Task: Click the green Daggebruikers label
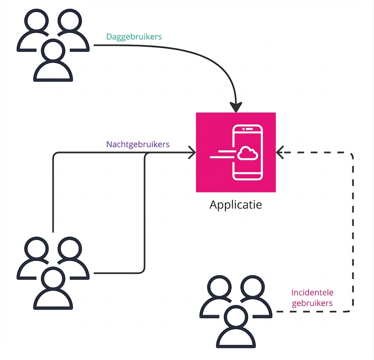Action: [134, 37]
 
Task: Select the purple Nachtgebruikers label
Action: [138, 144]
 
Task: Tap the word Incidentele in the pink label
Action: [312, 292]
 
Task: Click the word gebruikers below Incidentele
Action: [312, 303]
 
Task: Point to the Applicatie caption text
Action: [235, 205]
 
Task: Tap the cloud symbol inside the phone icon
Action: [248, 153]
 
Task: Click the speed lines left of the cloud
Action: [222, 154]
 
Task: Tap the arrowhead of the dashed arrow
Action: [280, 153]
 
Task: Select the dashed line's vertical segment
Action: [353, 232]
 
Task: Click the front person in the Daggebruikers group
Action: [53, 64]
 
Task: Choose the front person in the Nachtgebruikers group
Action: [53, 293]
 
